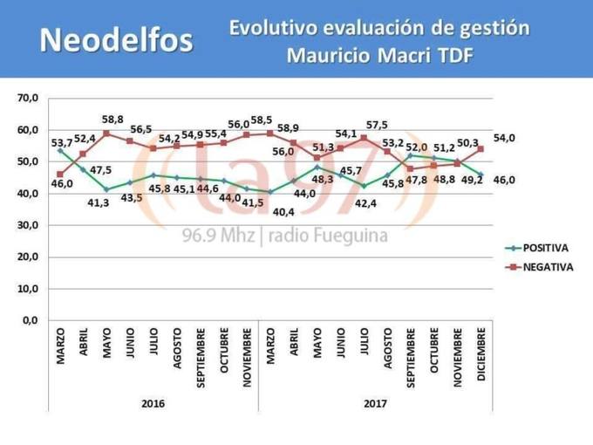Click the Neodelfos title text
coord(117,39)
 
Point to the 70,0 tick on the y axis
coord(27,99)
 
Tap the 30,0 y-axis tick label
coord(27,225)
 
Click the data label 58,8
coord(112,119)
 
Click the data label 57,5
coord(377,125)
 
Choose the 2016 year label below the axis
coord(153,404)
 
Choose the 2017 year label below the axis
coord(375,404)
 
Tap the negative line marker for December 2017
coord(481,149)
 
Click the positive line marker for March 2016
coord(60,150)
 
